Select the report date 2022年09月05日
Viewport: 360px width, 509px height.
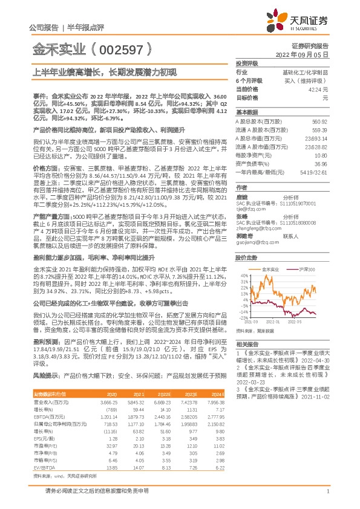click(x=306, y=54)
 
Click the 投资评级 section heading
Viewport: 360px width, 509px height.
click(x=247, y=63)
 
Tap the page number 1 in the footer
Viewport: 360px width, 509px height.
click(x=327, y=491)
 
